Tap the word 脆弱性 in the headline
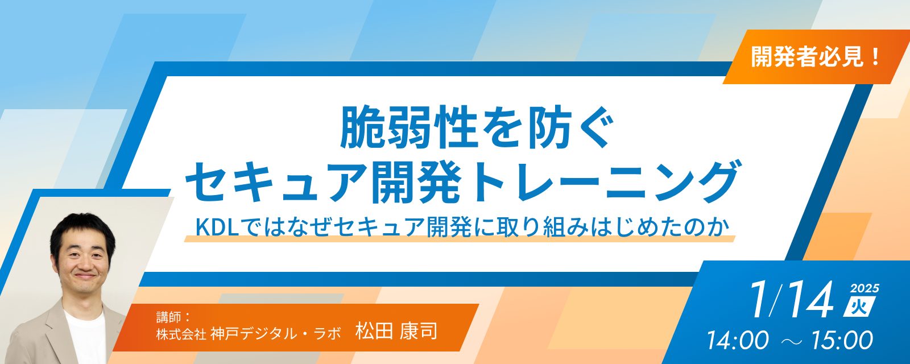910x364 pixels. (x=408, y=128)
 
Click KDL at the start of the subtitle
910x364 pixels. (x=220, y=227)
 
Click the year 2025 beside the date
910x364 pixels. (x=864, y=288)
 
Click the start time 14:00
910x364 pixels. (x=738, y=341)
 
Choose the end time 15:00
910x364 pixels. (x=842, y=341)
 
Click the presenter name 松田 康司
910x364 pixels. (x=396, y=331)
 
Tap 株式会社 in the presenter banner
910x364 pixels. (x=181, y=334)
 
